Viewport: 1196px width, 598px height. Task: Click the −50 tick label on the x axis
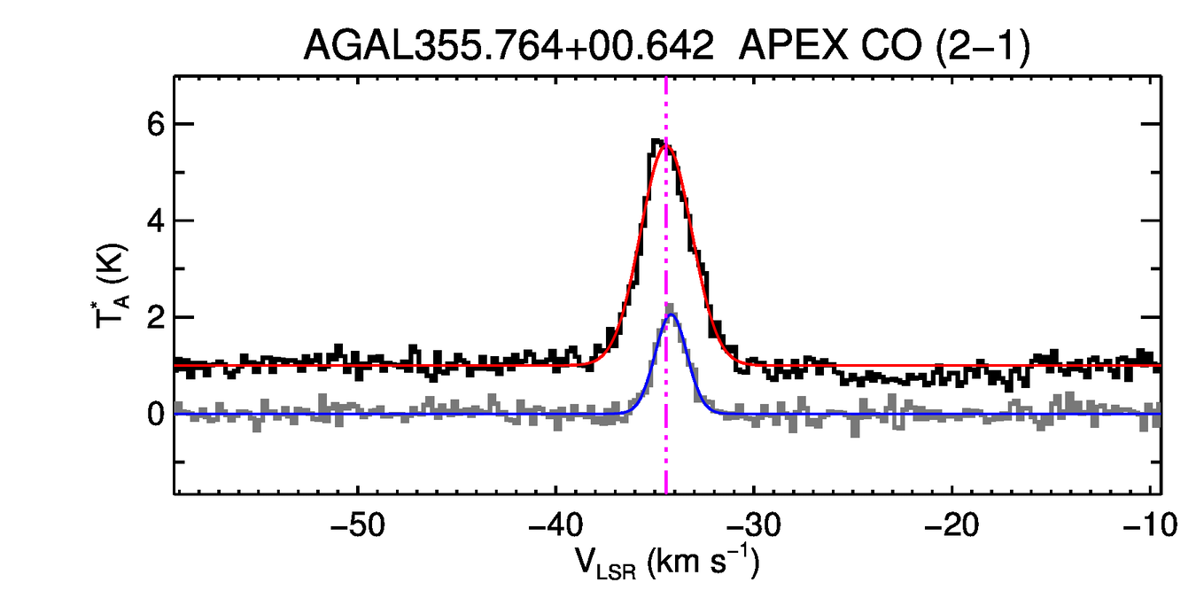pyautogui.click(x=356, y=524)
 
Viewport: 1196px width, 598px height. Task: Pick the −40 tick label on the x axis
pyautogui.click(x=555, y=524)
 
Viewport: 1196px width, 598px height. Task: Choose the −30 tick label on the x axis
pyautogui.click(x=753, y=524)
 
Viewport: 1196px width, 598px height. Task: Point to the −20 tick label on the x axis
pyautogui.click(x=951, y=524)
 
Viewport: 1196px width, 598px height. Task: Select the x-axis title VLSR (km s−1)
pyautogui.click(x=666, y=563)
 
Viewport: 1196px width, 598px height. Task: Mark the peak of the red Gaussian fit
pyautogui.click(x=666, y=145)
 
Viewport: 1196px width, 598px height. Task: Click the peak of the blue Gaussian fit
pyautogui.click(x=672, y=315)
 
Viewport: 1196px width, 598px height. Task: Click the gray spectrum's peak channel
pyautogui.click(x=670, y=307)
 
